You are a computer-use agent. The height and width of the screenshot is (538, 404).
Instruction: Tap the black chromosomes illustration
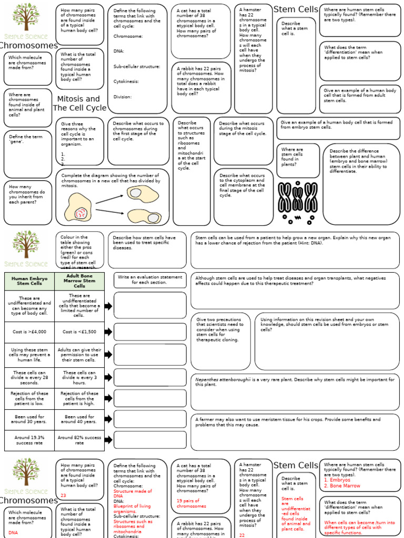[298, 200]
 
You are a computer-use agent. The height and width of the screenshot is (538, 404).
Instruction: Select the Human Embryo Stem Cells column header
[29, 281]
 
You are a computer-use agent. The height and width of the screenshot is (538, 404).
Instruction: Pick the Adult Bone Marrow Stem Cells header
[79, 281]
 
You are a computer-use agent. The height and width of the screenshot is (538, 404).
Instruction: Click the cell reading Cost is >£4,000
[29, 332]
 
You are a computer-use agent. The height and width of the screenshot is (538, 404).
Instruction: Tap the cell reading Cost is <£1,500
[79, 332]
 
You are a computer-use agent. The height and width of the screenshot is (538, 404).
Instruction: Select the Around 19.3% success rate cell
[29, 440]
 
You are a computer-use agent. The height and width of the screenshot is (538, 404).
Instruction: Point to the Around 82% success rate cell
[79, 440]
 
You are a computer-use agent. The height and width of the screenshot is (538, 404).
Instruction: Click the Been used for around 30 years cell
[29, 419]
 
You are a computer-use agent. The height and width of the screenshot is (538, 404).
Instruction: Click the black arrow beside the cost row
[108, 332]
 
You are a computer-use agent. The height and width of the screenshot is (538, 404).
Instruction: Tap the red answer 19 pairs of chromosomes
[191, 503]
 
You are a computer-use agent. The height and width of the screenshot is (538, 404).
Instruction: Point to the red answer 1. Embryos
[337, 480]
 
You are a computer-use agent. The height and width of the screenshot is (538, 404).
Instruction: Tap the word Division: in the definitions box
[123, 97]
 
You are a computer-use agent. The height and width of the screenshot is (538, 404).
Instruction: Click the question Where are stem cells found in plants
[292, 157]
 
